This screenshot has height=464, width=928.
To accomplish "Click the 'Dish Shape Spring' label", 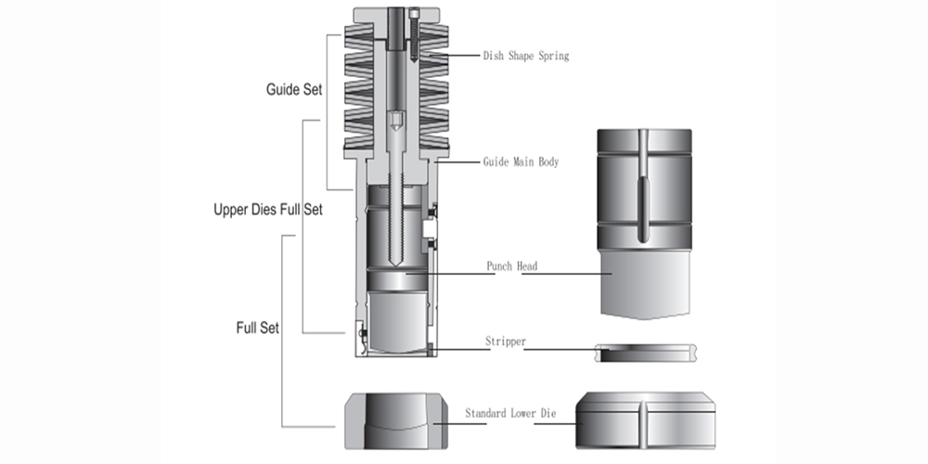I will click(x=525, y=56).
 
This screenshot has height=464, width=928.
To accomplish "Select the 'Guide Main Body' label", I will click(x=521, y=161).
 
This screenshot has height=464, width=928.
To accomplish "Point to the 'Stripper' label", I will click(x=506, y=342).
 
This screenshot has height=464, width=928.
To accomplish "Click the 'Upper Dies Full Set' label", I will click(x=268, y=210).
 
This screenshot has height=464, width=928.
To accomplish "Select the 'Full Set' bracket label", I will click(x=257, y=328).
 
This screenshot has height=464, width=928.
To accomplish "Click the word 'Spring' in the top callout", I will click(x=553, y=56).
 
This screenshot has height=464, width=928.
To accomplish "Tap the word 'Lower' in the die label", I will click(x=525, y=412).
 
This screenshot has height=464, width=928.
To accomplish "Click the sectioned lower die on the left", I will click(x=391, y=419).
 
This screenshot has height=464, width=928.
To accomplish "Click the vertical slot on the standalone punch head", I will click(x=642, y=186).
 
